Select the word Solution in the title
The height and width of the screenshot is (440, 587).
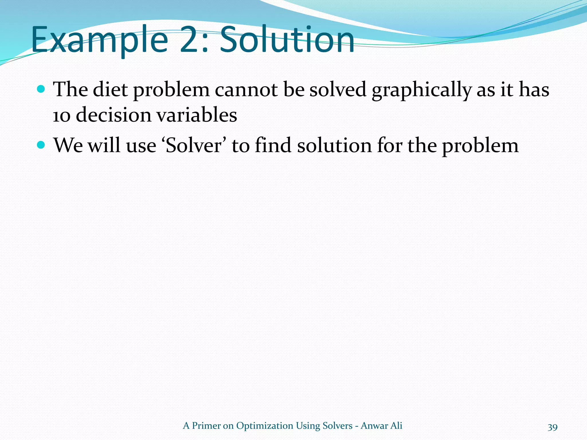(x=287, y=40)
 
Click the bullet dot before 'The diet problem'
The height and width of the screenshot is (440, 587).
(x=41, y=89)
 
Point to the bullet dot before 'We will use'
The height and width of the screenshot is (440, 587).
(x=41, y=145)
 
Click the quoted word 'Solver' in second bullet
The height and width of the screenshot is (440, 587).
(x=194, y=146)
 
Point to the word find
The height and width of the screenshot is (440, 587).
(x=273, y=146)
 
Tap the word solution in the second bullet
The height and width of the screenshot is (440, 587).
(x=334, y=146)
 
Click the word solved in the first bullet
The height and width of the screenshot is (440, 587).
(x=338, y=89)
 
